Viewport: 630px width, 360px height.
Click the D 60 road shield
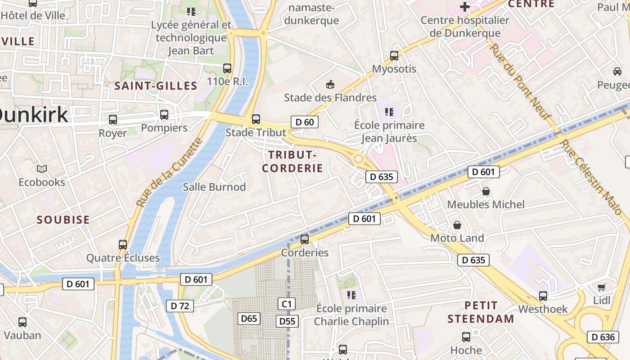point(305,122)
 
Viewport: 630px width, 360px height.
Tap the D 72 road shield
point(180,306)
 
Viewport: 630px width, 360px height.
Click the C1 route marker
point(287,304)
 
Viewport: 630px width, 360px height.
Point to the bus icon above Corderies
point(305,239)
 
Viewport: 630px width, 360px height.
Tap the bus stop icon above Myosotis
point(394,56)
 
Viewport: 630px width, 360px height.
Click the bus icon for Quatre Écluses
point(123,245)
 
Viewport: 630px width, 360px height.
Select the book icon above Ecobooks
point(42,169)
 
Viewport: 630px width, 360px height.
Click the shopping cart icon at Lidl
point(602,287)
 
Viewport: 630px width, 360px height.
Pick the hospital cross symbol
point(465,7)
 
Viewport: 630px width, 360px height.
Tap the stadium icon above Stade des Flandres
point(330,84)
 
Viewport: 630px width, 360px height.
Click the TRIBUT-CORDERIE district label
point(292,162)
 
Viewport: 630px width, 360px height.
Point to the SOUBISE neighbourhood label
point(63,220)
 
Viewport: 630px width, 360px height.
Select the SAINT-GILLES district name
point(156,86)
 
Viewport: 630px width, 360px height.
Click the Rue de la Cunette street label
point(170,173)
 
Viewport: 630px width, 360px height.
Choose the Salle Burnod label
point(214,187)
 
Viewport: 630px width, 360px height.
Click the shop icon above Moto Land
point(457,225)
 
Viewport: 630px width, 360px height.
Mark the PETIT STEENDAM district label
point(481,312)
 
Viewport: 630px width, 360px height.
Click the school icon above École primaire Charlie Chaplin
point(351,295)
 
